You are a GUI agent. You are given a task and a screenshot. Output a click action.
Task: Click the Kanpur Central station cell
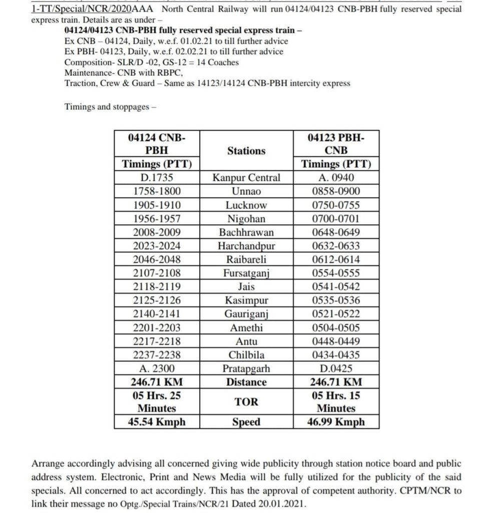click(x=246, y=178)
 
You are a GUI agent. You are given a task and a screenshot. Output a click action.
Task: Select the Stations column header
click(x=246, y=150)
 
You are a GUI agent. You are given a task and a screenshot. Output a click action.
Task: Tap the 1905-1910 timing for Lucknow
click(x=157, y=205)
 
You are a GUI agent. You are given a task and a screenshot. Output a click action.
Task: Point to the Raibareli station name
click(x=246, y=259)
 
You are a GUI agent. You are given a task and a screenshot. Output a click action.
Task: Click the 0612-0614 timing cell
click(x=336, y=259)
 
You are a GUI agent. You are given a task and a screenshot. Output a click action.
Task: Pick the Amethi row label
click(x=246, y=327)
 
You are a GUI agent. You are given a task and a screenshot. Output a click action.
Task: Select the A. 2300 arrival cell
click(x=157, y=369)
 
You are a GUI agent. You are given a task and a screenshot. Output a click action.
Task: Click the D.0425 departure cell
click(x=336, y=369)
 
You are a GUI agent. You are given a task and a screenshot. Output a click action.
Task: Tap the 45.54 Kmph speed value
click(x=157, y=422)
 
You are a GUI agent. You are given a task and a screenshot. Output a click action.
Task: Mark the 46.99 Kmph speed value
click(x=336, y=422)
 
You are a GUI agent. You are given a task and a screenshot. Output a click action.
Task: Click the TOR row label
click(x=246, y=402)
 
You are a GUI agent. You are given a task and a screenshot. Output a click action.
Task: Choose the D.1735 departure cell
click(x=157, y=178)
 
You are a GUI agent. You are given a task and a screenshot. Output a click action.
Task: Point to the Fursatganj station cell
click(x=246, y=273)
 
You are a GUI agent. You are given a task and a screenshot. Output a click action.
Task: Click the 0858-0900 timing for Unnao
click(x=336, y=191)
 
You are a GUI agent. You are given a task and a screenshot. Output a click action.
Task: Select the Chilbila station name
click(x=246, y=355)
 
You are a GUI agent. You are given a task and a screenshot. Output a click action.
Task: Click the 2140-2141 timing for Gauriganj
click(x=157, y=314)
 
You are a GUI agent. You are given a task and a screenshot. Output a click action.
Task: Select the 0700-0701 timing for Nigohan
click(x=336, y=219)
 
